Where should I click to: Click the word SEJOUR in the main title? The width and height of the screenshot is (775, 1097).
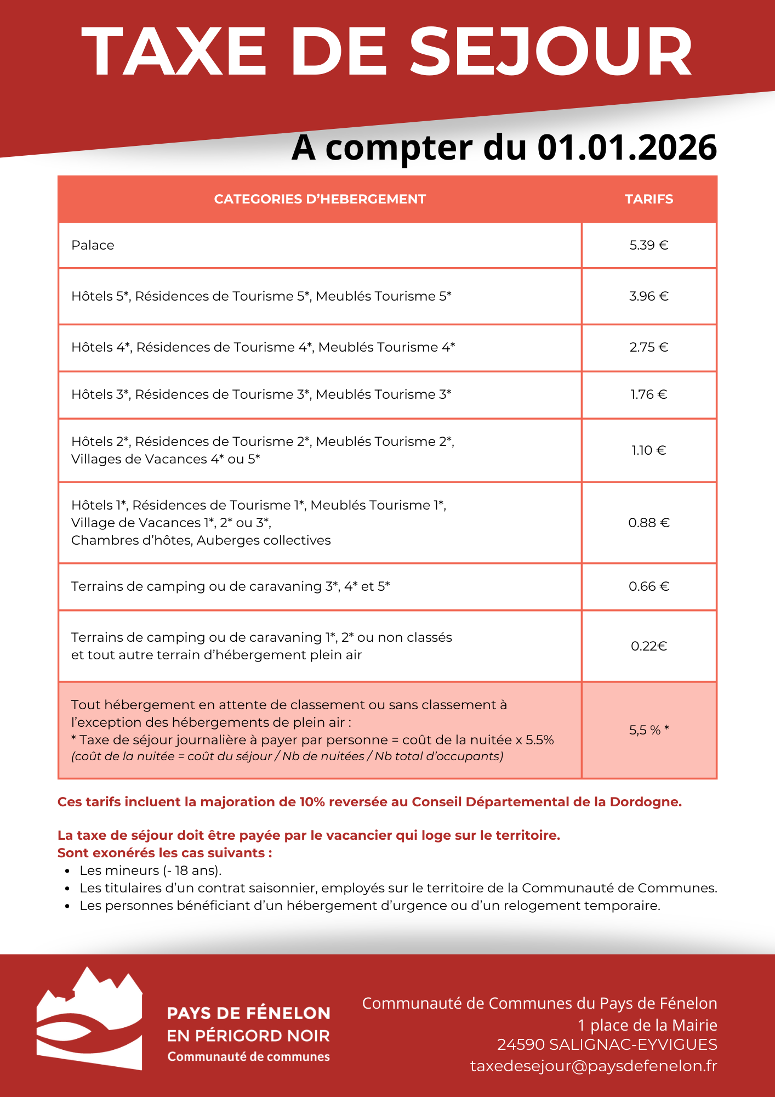(x=551, y=52)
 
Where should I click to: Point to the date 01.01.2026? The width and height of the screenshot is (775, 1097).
(x=626, y=148)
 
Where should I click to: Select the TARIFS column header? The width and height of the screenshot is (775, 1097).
(x=649, y=199)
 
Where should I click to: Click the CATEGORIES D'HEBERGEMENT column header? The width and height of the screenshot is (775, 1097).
(x=320, y=199)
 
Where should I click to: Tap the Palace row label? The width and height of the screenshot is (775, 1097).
(x=93, y=245)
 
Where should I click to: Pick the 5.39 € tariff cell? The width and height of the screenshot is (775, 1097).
(x=649, y=245)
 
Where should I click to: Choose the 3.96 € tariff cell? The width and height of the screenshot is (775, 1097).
(x=649, y=296)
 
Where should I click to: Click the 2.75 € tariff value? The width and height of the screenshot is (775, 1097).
(x=649, y=347)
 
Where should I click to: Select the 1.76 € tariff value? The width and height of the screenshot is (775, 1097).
(x=649, y=394)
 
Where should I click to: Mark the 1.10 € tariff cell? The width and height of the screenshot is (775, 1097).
(x=649, y=450)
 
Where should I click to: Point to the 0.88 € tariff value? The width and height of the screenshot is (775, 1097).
(x=649, y=523)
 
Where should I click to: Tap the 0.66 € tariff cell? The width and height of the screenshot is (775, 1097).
(x=649, y=586)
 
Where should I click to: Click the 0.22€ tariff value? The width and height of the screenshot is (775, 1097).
(x=649, y=646)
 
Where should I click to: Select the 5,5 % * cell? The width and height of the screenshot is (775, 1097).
(x=649, y=730)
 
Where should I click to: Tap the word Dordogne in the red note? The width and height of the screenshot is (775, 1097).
(x=645, y=802)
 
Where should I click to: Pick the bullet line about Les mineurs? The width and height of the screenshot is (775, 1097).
(x=150, y=870)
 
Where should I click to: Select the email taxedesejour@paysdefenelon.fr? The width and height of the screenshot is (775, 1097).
(x=594, y=1066)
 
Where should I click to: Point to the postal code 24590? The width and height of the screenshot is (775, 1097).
(x=521, y=1044)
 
